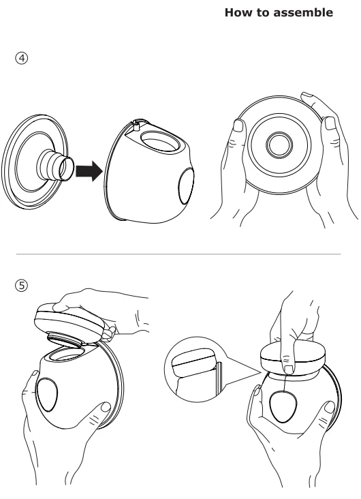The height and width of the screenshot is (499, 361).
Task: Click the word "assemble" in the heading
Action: point(303,12)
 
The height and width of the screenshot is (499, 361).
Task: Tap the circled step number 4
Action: point(22,58)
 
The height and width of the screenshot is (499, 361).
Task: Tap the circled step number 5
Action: point(22,285)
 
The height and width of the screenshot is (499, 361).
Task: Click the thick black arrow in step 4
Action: point(89,171)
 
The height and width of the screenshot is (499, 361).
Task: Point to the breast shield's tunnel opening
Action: point(67,168)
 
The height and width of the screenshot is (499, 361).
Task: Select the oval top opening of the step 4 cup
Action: point(160,141)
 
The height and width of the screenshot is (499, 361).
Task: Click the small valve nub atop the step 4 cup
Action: point(137,125)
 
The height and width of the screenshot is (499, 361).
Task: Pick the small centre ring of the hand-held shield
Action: point(279,145)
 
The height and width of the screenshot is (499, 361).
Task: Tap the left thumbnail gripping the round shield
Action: point(238,125)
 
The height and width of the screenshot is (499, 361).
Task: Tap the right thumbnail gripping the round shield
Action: point(330,123)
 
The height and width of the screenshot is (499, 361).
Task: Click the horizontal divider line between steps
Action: point(178,254)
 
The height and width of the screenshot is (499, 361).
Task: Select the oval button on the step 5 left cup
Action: point(48,395)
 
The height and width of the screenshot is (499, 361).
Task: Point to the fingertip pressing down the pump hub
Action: point(289,369)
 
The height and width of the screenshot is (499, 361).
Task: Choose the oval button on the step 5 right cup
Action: point(283,407)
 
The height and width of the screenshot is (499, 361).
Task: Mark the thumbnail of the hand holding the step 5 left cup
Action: point(106,407)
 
